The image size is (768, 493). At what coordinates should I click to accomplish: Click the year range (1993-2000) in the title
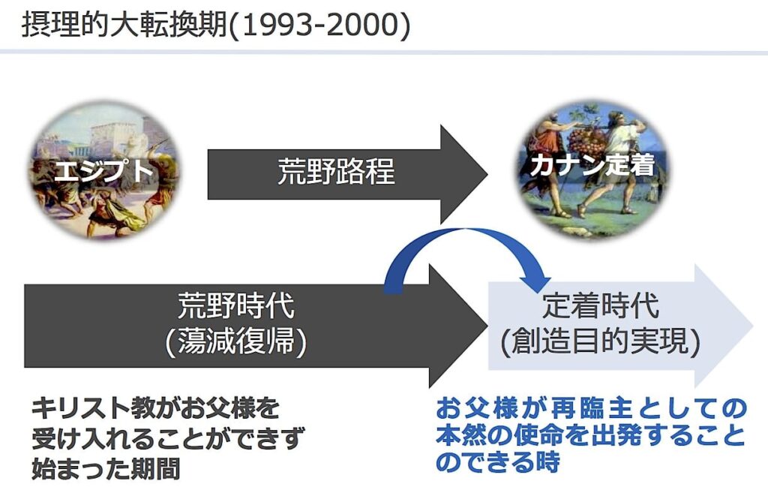coord(319,25)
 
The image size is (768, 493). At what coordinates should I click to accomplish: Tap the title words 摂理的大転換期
coord(124,25)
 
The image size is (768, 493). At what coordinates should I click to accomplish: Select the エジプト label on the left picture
coord(103,170)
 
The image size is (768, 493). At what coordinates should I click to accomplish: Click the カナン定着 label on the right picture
coord(592,165)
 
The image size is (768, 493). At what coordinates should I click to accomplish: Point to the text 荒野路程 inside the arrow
coord(336,172)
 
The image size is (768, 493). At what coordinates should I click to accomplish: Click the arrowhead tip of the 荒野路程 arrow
coord(487,174)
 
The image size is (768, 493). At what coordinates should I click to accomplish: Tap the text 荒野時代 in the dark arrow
coord(236,306)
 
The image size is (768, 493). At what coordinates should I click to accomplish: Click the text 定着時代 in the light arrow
coord(601,306)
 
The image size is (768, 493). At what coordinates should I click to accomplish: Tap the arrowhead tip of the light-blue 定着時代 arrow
coord(753,326)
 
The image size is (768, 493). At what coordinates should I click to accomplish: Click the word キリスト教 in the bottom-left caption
coord(81,408)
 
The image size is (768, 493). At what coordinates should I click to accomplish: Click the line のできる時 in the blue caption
coord(498,461)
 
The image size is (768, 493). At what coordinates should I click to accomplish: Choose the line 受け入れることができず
coord(168,438)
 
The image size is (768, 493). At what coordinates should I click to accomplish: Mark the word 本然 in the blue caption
coord(460,435)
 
